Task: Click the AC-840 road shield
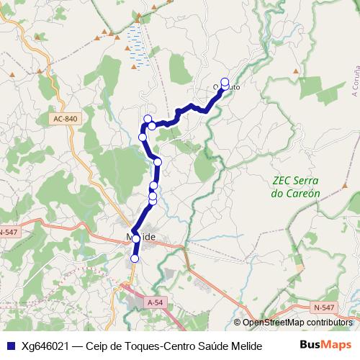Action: point(65,119)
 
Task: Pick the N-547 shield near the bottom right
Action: point(324,307)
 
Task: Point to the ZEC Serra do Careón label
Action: point(296,187)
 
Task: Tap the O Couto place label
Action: point(225,88)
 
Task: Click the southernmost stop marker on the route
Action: point(135,258)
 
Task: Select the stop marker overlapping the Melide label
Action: point(136,238)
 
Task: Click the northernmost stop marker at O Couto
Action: point(225,81)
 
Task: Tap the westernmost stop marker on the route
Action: point(143,137)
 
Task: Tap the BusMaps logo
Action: point(326,344)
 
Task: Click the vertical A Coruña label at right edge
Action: point(355,83)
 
